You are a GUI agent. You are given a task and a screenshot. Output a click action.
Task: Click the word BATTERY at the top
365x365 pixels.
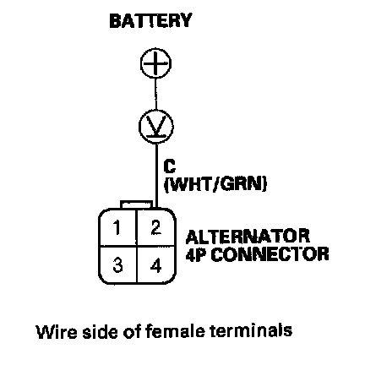click(x=150, y=20)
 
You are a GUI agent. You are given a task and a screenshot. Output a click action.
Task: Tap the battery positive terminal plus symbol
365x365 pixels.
click(x=155, y=63)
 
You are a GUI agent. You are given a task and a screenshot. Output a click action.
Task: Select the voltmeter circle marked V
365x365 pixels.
click(x=156, y=127)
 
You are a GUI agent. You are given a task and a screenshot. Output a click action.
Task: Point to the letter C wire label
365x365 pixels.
click(x=170, y=166)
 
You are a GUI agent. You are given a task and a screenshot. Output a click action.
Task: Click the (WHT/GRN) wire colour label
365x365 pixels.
click(x=215, y=184)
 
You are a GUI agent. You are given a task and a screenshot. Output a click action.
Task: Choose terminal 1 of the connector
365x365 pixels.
click(x=117, y=228)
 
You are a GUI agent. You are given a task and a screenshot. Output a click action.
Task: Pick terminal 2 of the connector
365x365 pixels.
click(x=155, y=228)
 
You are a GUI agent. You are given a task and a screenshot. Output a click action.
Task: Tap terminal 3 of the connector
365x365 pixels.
click(x=117, y=265)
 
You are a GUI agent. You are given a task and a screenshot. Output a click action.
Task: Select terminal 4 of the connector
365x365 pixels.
click(x=155, y=265)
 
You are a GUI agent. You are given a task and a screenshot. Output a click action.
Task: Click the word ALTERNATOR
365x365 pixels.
click(x=248, y=237)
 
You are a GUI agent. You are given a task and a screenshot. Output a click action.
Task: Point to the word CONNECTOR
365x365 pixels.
click(x=270, y=254)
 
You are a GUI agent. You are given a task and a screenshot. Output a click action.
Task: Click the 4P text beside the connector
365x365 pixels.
click(x=196, y=254)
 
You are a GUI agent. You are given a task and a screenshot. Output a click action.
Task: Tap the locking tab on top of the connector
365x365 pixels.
click(x=136, y=204)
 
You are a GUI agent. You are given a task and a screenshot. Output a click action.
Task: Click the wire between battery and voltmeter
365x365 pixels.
click(x=155, y=94)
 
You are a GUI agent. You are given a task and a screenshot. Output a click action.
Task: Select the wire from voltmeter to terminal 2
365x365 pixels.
click(x=156, y=176)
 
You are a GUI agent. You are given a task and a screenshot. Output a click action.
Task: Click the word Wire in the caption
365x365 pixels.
click(x=57, y=331)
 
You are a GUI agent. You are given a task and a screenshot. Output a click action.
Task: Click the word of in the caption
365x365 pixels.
click(x=132, y=331)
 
